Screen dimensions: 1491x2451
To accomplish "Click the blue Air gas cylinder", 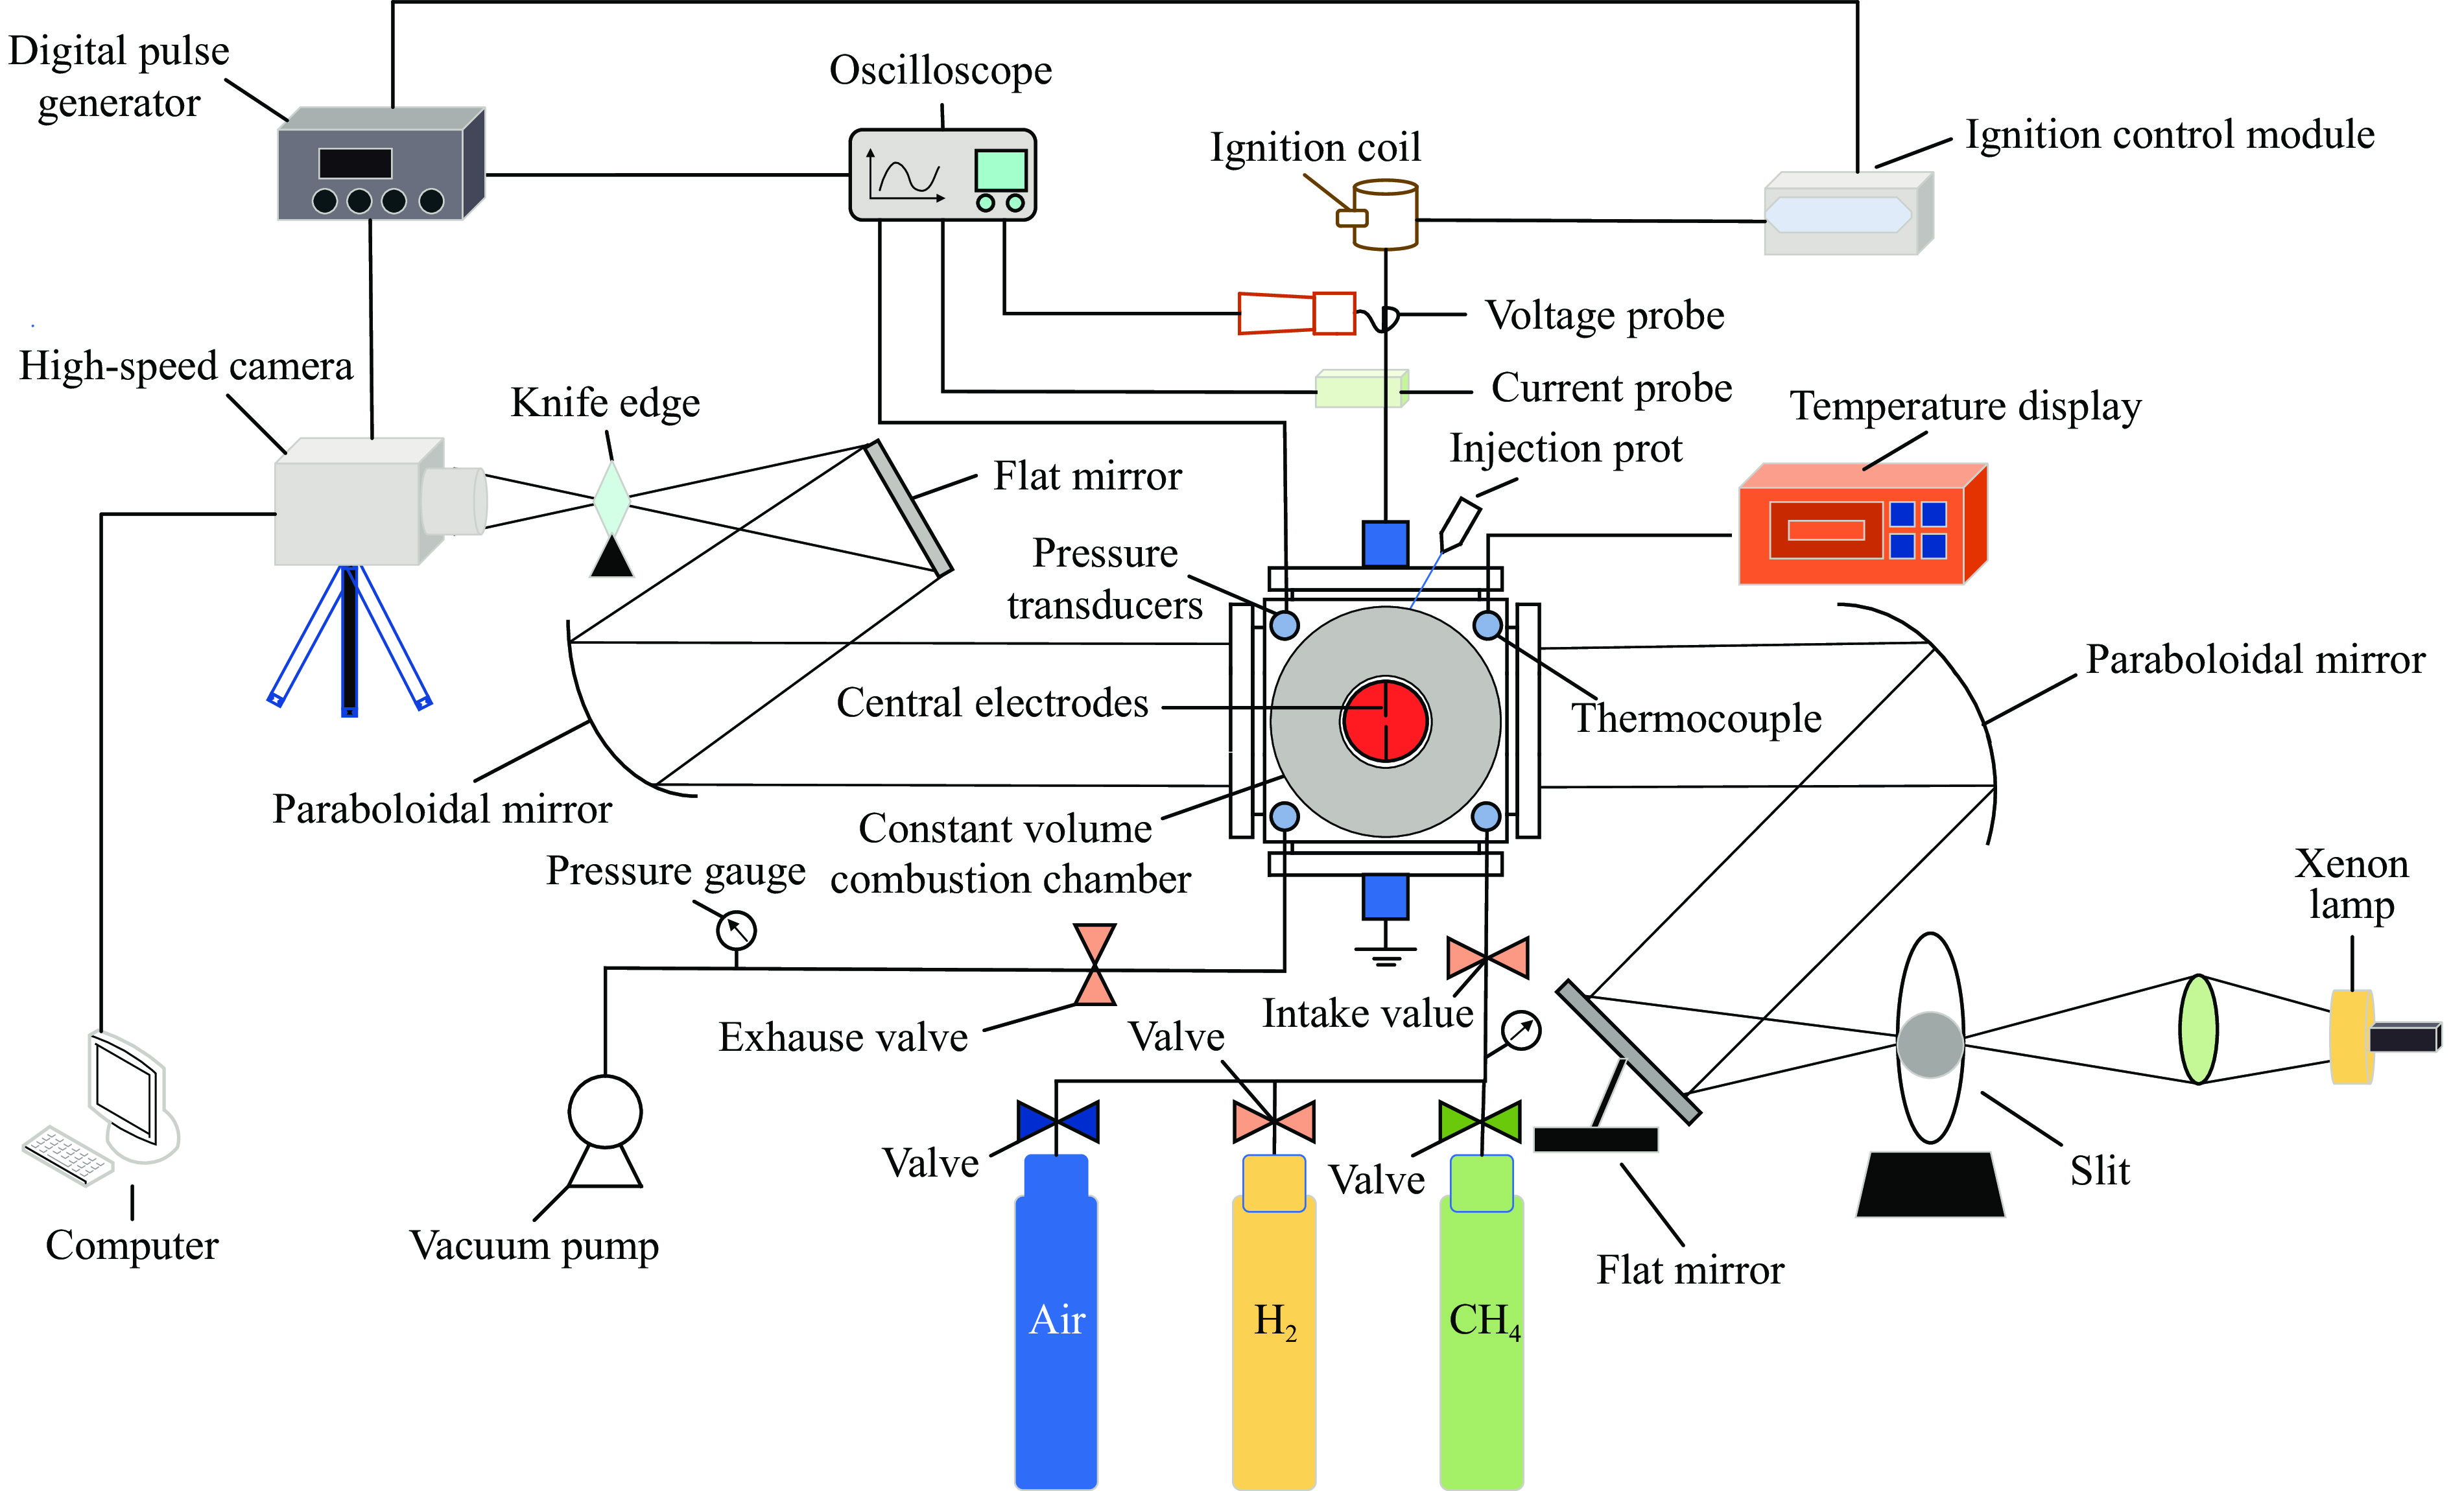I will (x=1056, y=1333).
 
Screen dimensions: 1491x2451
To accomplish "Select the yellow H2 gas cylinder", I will (x=1273, y=1333).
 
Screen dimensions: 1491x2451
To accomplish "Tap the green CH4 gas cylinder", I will (x=1481, y=1333).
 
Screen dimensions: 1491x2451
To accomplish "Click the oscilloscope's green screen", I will (x=1000, y=170).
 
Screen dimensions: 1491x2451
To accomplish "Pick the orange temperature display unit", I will (x=1860, y=527).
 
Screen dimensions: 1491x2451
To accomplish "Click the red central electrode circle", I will (x=1386, y=721).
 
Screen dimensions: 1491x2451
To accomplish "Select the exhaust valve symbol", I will (x=1095, y=964).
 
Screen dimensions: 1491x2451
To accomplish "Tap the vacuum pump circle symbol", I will (x=605, y=1111).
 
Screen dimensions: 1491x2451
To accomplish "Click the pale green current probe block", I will (x=1360, y=389).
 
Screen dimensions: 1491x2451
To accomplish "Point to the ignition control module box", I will (x=1845, y=215).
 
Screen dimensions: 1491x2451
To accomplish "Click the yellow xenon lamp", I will (x=2352, y=1037).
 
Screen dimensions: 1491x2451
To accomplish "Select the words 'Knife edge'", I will (x=605, y=403).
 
